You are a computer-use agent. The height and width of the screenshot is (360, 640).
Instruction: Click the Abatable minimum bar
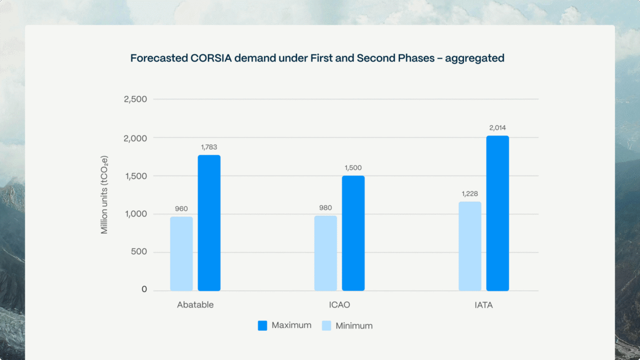(x=181, y=254)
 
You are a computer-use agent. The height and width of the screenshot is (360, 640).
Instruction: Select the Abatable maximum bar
(x=209, y=223)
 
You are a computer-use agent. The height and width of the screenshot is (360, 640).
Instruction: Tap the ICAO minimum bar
(x=325, y=253)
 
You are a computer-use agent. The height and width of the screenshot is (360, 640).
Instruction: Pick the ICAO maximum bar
(x=353, y=233)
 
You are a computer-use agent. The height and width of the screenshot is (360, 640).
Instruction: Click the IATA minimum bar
(x=470, y=246)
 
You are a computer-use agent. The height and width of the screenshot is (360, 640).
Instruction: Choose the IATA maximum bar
(x=498, y=213)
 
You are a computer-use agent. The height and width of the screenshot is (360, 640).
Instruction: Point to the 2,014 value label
(x=497, y=128)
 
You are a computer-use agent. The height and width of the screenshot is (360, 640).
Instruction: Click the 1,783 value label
(x=209, y=147)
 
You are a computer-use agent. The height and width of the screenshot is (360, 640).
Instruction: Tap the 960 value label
(x=181, y=209)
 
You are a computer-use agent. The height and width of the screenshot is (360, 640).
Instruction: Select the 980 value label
(x=325, y=208)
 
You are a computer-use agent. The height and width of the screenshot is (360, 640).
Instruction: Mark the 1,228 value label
(x=470, y=194)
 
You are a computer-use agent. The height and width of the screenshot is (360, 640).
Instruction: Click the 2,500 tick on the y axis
(x=135, y=99)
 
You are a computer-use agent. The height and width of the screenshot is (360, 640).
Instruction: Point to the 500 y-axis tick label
(x=139, y=252)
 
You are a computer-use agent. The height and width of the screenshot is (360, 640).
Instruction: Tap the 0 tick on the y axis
(x=144, y=290)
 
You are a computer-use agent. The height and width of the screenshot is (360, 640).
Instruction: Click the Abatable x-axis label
(x=195, y=305)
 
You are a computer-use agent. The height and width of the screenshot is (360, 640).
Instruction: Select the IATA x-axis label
(x=483, y=305)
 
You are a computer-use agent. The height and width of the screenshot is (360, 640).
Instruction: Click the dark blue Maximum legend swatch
(x=263, y=326)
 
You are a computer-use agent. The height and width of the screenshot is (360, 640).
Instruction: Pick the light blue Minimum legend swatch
(x=326, y=326)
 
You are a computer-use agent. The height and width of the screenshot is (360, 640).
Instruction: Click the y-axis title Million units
(x=105, y=195)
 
